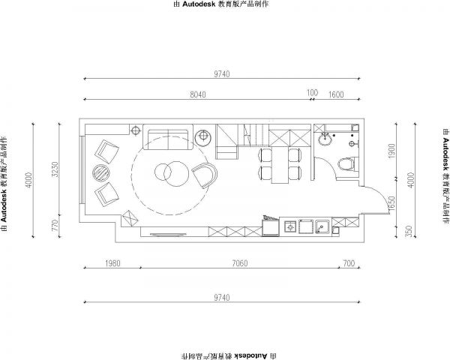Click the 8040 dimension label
[x=198, y=94]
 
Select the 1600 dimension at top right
[x=336, y=94]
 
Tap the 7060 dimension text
[x=240, y=263]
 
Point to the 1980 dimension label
[x=112, y=263]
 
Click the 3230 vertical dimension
[x=55, y=169]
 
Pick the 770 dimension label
[x=55, y=225]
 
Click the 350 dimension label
[x=409, y=232]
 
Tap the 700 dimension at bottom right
[x=349, y=263]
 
